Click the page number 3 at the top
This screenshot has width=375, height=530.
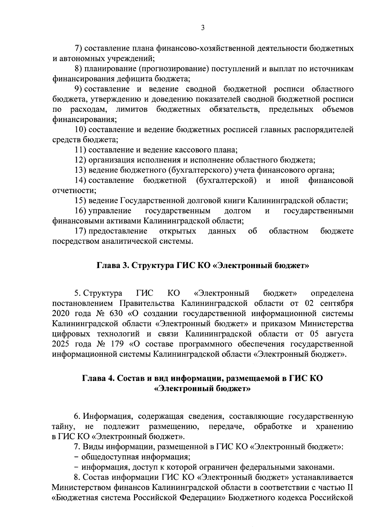[202, 28]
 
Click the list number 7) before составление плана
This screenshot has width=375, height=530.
[78, 48]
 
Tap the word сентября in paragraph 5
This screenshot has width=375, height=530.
[339, 303]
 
